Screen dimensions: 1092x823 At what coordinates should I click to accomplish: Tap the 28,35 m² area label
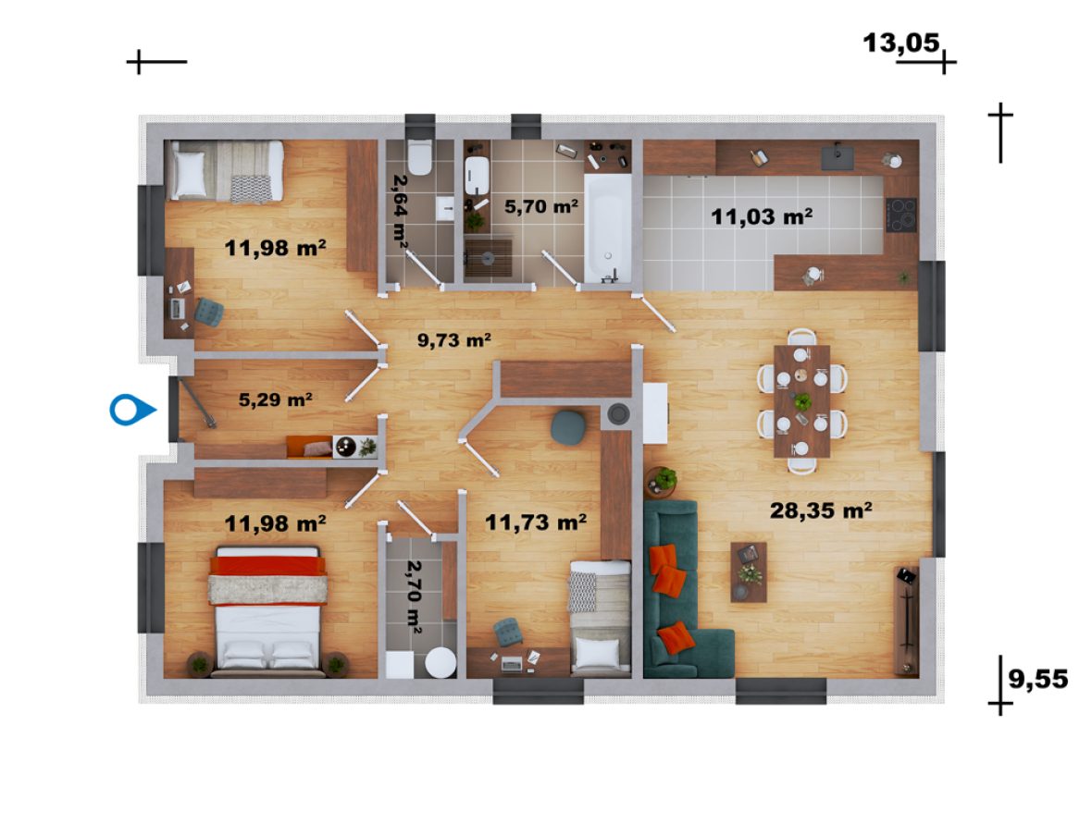point(821,510)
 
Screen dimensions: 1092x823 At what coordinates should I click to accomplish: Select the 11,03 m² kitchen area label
point(762,216)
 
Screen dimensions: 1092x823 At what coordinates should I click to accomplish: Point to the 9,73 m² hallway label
point(454,339)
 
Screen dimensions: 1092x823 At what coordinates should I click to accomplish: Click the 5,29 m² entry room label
point(275,399)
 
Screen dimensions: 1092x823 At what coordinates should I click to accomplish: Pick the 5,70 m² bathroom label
point(541,206)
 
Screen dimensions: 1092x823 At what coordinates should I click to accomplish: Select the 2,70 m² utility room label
point(415,596)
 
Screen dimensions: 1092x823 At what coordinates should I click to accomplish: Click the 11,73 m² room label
point(535,522)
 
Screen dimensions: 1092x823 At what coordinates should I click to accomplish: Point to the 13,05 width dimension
point(901,43)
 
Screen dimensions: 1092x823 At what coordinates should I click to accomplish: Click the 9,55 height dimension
point(1037,679)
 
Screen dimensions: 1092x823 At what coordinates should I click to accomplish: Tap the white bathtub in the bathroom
point(607,228)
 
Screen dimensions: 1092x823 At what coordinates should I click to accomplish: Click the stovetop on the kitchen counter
point(901,215)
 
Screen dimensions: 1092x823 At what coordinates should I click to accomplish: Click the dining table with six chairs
point(801,400)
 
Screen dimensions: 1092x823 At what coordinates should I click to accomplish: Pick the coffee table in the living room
point(749,571)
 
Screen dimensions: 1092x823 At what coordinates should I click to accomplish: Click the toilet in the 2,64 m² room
point(420,157)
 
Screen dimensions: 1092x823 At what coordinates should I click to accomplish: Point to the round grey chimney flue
point(618,414)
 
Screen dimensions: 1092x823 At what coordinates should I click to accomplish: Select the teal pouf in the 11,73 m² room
point(568,428)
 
